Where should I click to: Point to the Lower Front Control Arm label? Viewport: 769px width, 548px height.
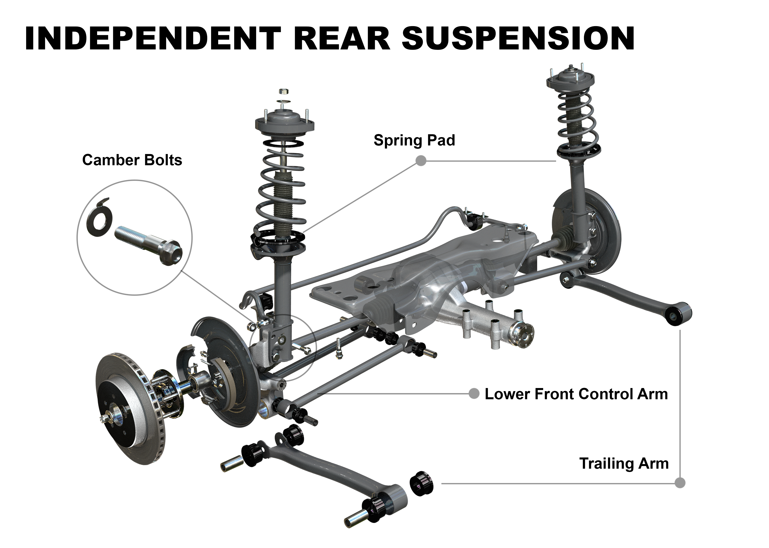[576, 394]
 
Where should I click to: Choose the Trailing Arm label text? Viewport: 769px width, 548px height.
[624, 463]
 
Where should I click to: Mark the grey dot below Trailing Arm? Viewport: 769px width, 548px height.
[680, 483]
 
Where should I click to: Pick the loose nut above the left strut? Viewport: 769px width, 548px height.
[284, 91]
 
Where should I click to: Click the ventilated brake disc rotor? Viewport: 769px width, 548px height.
[130, 408]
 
